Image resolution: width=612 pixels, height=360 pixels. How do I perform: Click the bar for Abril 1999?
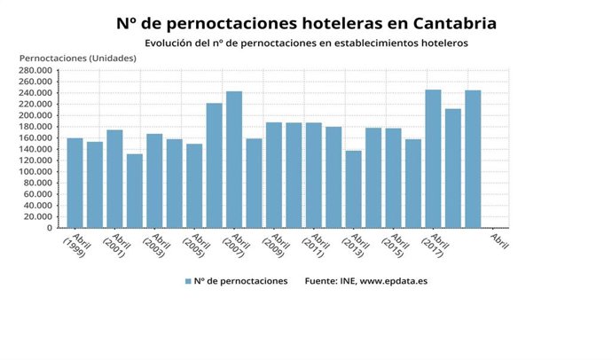point(75,183)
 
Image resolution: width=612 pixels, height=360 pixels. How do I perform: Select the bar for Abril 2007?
point(234,160)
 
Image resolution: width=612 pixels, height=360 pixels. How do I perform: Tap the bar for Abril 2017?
point(433,159)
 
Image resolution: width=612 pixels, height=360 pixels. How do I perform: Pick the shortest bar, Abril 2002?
point(134,191)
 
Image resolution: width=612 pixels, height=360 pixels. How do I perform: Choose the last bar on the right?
point(473,159)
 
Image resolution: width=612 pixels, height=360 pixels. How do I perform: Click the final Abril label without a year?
point(499,240)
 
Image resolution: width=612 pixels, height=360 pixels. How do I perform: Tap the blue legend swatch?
point(188,281)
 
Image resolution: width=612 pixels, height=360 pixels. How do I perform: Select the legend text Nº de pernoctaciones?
point(240,281)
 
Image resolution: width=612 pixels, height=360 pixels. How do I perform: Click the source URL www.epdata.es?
point(400,281)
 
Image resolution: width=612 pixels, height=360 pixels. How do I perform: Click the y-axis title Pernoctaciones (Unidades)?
point(78,58)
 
